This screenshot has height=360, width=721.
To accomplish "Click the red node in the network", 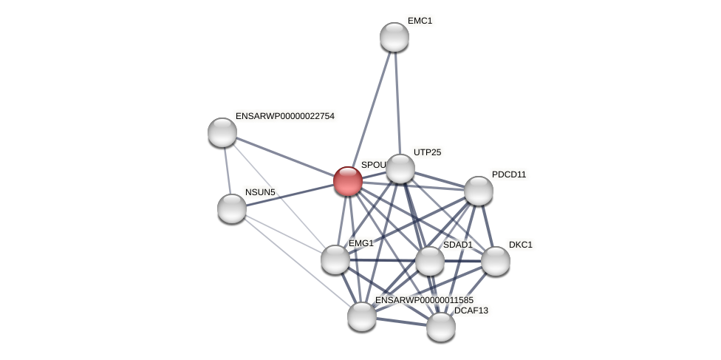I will coord(348,181).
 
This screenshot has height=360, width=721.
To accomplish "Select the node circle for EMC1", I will coord(394,37).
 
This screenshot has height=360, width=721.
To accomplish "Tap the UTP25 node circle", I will coord(400,169).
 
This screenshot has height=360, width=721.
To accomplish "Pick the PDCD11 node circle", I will coord(479,191).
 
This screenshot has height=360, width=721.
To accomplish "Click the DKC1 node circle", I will coord(496,261).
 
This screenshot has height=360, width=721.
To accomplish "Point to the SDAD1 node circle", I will coord(430,261).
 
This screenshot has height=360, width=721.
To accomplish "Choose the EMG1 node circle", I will coord(335,259).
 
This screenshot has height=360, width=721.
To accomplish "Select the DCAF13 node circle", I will coord(441,327).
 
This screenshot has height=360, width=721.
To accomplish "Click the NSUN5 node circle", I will coord(232,208).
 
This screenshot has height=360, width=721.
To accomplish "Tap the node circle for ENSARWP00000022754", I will coord(222,132).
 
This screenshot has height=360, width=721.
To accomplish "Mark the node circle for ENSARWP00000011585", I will coord(362,316).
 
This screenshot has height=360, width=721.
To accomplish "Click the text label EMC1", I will coord(420,21).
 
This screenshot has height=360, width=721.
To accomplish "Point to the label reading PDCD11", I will coord(509,174).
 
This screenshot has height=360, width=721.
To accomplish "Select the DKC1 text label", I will coord(520,245).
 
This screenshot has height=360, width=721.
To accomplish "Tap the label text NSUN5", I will coord(260,192).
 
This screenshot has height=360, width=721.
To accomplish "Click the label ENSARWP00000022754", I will coord(285,116).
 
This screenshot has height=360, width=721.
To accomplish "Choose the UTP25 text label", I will coord(427,152).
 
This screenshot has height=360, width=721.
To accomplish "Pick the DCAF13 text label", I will coord(471,310).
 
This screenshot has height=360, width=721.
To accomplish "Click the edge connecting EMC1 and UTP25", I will coord(397,103).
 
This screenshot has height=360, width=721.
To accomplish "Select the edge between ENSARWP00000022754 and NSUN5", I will coord(227,170).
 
